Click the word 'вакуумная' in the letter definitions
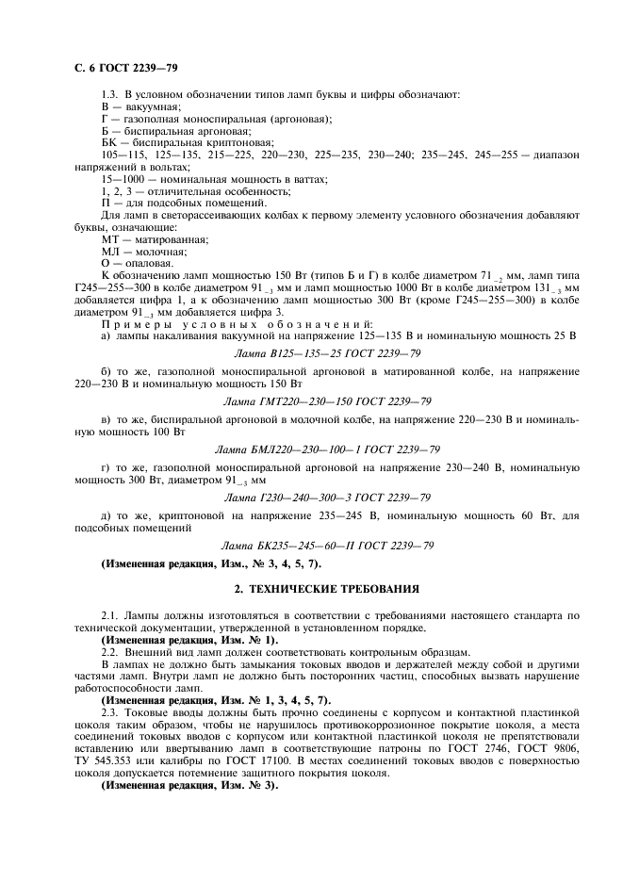tap(140, 107)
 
